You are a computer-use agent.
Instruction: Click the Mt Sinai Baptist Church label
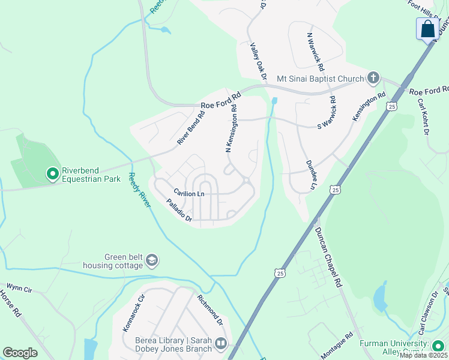320,79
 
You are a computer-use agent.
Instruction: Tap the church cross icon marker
373,77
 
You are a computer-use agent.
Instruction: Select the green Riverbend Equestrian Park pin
52,174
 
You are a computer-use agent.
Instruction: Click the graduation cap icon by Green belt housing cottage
152,260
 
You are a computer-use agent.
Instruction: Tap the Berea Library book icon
221,344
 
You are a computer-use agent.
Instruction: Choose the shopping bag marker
428,29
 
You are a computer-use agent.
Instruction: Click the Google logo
20,353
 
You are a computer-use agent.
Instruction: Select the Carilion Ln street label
189,193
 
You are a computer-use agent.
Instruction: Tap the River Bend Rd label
191,127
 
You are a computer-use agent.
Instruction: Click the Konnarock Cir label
134,314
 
